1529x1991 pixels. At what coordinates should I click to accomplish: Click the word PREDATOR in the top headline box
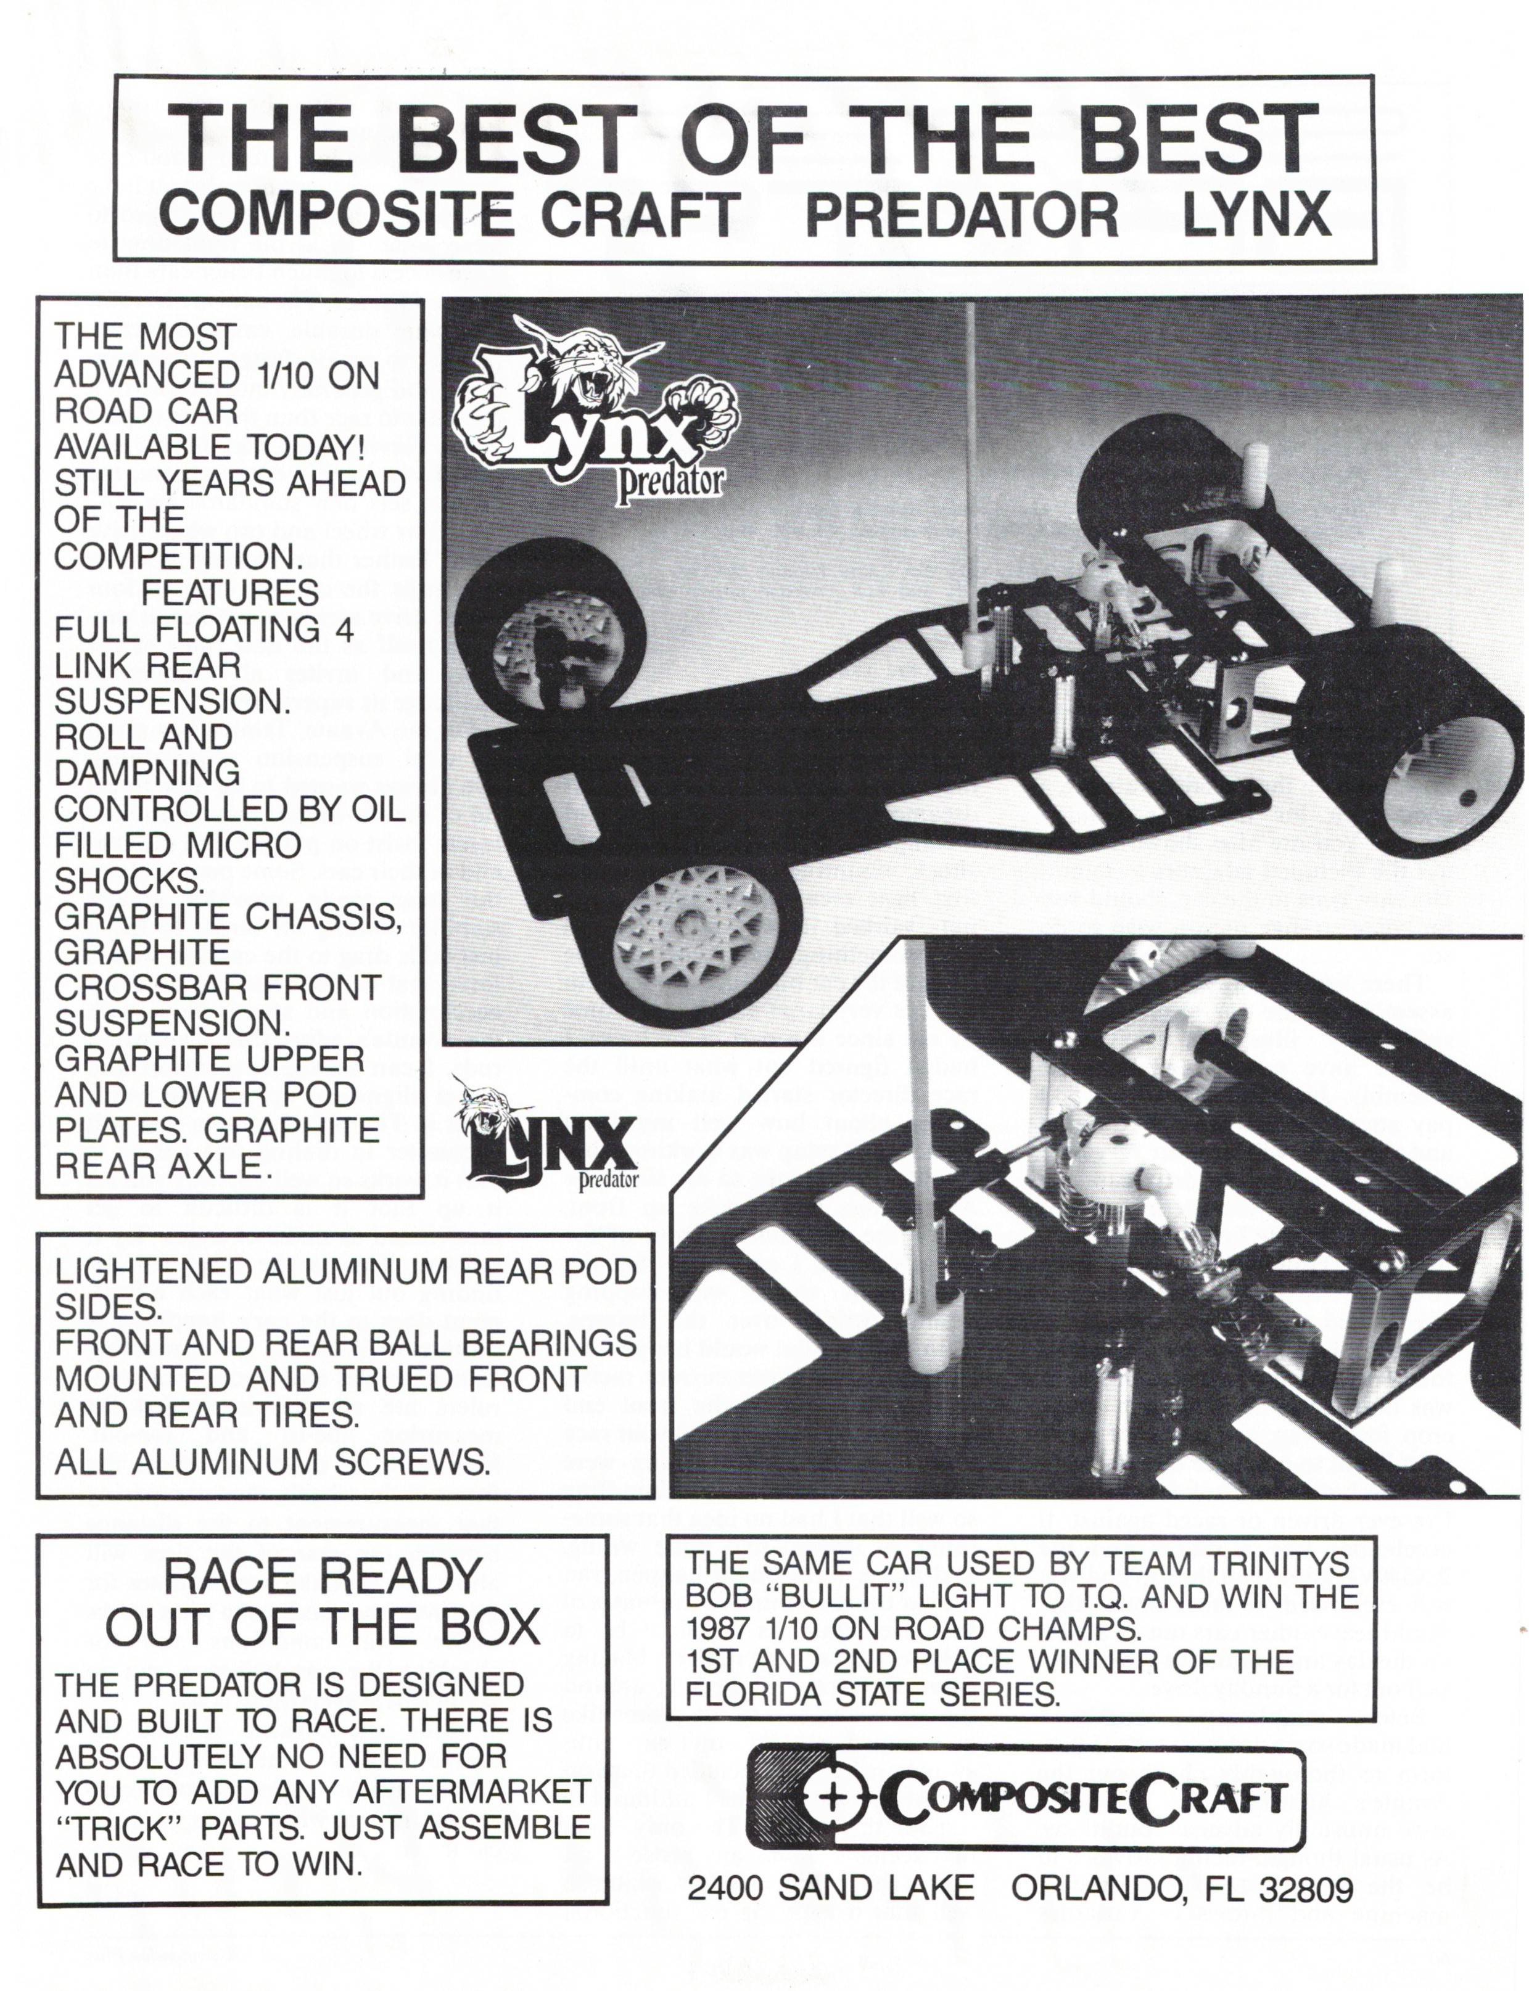pyautogui.click(x=962, y=215)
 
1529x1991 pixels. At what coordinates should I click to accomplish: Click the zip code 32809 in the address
pyautogui.click(x=1306, y=1890)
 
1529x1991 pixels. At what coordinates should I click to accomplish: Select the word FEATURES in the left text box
pyautogui.click(x=229, y=593)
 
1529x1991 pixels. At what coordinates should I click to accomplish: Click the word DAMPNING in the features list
pyautogui.click(x=147, y=773)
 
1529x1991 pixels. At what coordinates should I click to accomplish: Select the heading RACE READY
pyautogui.click(x=322, y=1577)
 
